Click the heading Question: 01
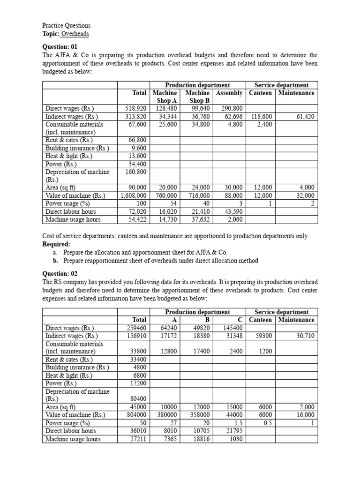(60, 47)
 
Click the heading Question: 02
(60, 274)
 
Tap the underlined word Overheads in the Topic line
(75, 34)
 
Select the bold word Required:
(57, 244)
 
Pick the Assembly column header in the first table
(229, 93)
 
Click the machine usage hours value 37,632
(199, 219)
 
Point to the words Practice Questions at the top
(67, 25)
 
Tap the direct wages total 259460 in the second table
(137, 328)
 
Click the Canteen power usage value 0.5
(266, 423)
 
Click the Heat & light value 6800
(140, 375)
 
